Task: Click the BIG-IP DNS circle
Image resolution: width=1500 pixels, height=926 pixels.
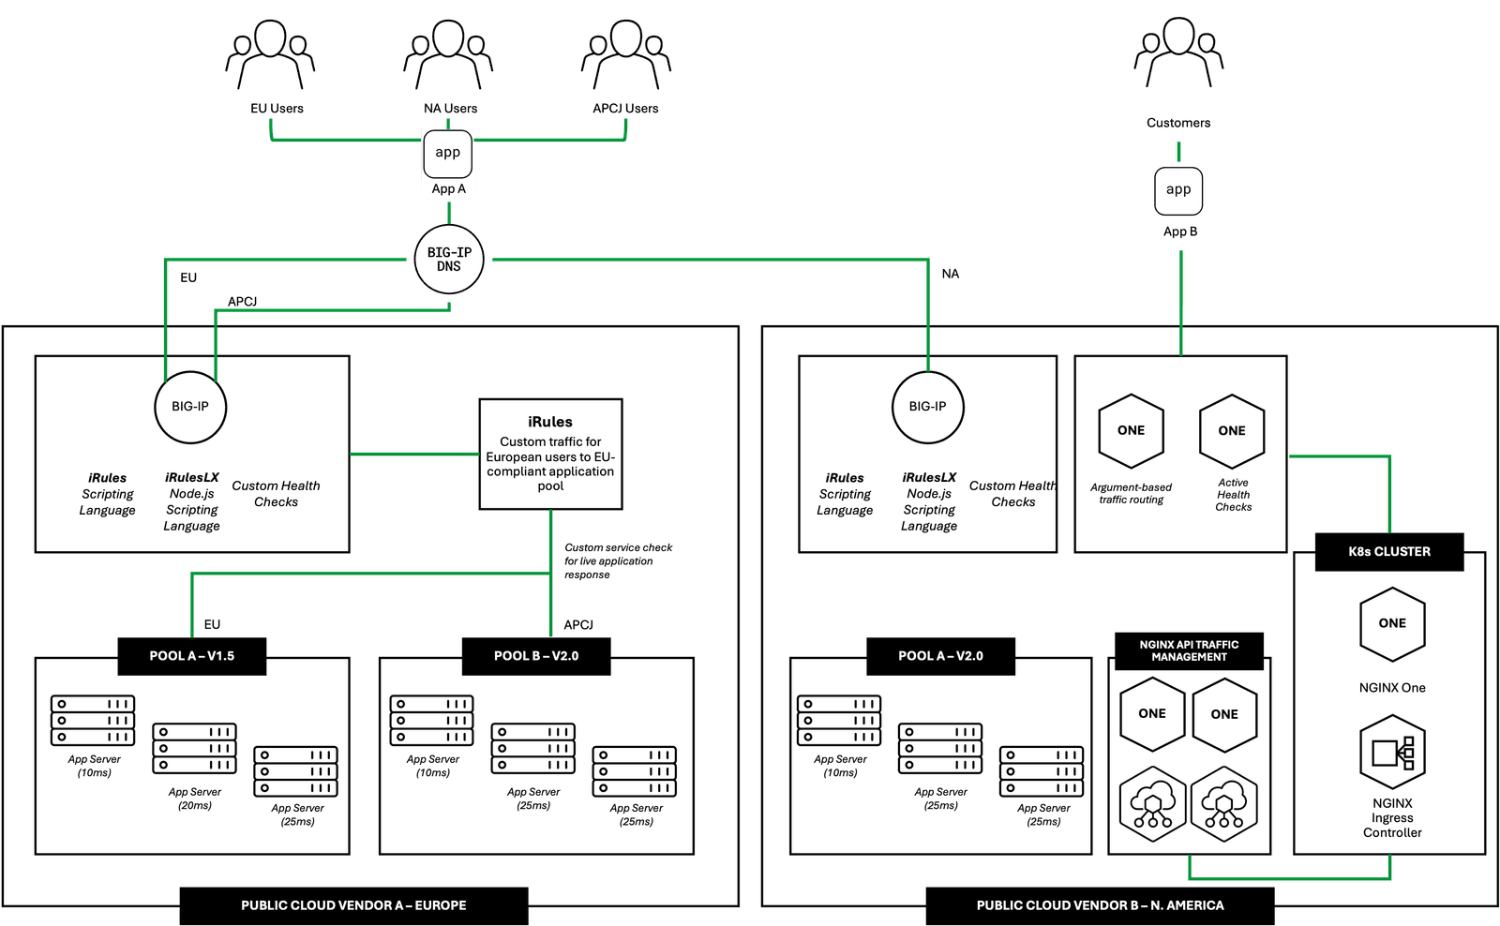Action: [449, 260]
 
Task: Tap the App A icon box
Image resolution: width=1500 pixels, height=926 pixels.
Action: [447, 154]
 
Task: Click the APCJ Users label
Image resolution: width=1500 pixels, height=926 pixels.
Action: [625, 109]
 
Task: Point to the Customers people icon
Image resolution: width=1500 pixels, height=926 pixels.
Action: [1178, 56]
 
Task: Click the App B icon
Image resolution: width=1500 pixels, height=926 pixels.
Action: [1178, 190]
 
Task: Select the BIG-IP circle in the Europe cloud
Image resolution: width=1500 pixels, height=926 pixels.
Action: [190, 407]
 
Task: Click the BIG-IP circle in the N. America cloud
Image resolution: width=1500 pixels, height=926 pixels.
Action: [927, 407]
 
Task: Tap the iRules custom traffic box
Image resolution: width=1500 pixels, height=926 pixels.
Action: [550, 455]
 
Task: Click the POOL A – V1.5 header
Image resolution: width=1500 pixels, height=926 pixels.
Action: [192, 656]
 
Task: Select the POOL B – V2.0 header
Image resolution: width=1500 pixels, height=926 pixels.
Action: [536, 656]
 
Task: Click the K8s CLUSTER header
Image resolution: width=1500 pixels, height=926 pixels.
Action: [1389, 552]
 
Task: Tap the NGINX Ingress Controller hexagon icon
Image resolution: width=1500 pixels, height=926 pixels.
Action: [1392, 752]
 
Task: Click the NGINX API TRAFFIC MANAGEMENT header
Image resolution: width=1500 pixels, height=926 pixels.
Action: [1189, 650]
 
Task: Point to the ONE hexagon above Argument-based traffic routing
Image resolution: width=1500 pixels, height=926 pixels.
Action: [1132, 431]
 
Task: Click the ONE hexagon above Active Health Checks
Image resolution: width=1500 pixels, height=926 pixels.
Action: [1232, 431]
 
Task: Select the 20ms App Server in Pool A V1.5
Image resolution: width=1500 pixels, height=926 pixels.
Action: [195, 748]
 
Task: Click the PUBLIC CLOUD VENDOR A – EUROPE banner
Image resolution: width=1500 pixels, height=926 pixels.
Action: [353, 905]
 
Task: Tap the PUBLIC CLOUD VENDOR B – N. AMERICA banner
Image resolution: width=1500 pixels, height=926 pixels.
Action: [1100, 905]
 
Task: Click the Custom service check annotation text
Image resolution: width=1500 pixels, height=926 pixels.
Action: [618, 560]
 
